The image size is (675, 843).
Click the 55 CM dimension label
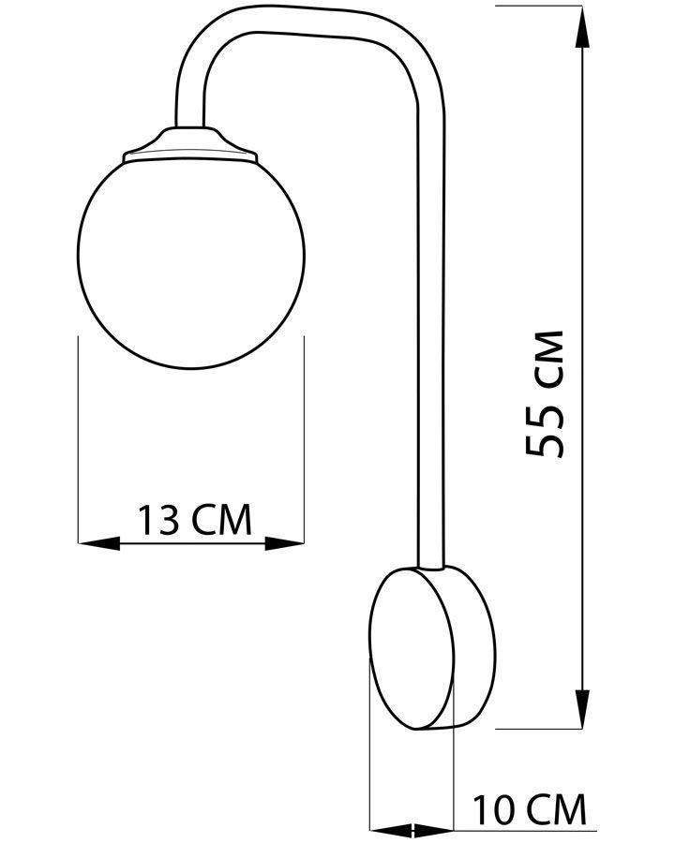click(x=544, y=393)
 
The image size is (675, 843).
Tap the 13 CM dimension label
click(x=195, y=519)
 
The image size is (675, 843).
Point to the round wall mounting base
click(x=432, y=648)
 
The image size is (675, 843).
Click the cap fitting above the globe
click(x=190, y=144)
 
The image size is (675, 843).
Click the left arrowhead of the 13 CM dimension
click(x=99, y=543)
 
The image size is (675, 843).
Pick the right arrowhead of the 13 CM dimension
click(x=284, y=543)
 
